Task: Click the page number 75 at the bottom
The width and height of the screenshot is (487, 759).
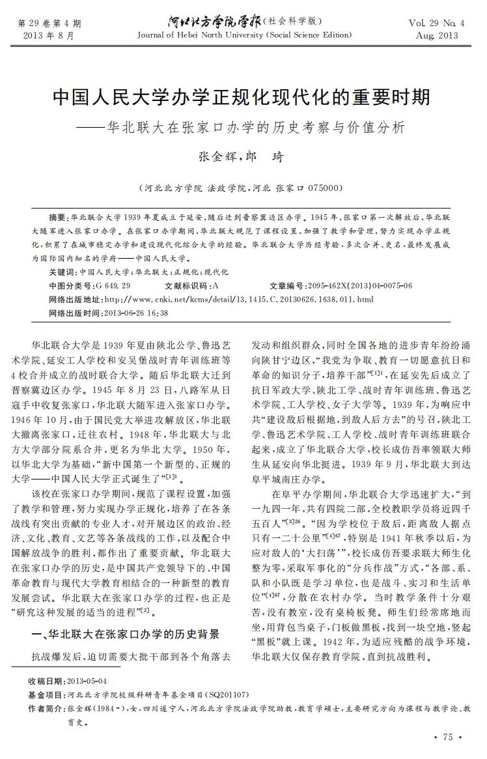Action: coord(447,737)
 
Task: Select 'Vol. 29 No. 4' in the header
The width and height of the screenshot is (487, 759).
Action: coord(437,23)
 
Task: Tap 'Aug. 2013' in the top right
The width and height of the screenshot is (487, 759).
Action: coord(437,35)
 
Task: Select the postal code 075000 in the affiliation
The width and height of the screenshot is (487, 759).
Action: coord(323,188)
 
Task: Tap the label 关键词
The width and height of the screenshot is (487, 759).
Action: coord(63,272)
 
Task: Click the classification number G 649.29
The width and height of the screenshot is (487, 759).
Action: coord(113,285)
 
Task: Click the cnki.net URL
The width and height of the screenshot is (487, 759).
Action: coord(239,299)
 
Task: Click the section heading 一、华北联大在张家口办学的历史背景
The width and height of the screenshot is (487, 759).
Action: coord(126,634)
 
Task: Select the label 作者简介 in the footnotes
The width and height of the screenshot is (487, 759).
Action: coord(46,708)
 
